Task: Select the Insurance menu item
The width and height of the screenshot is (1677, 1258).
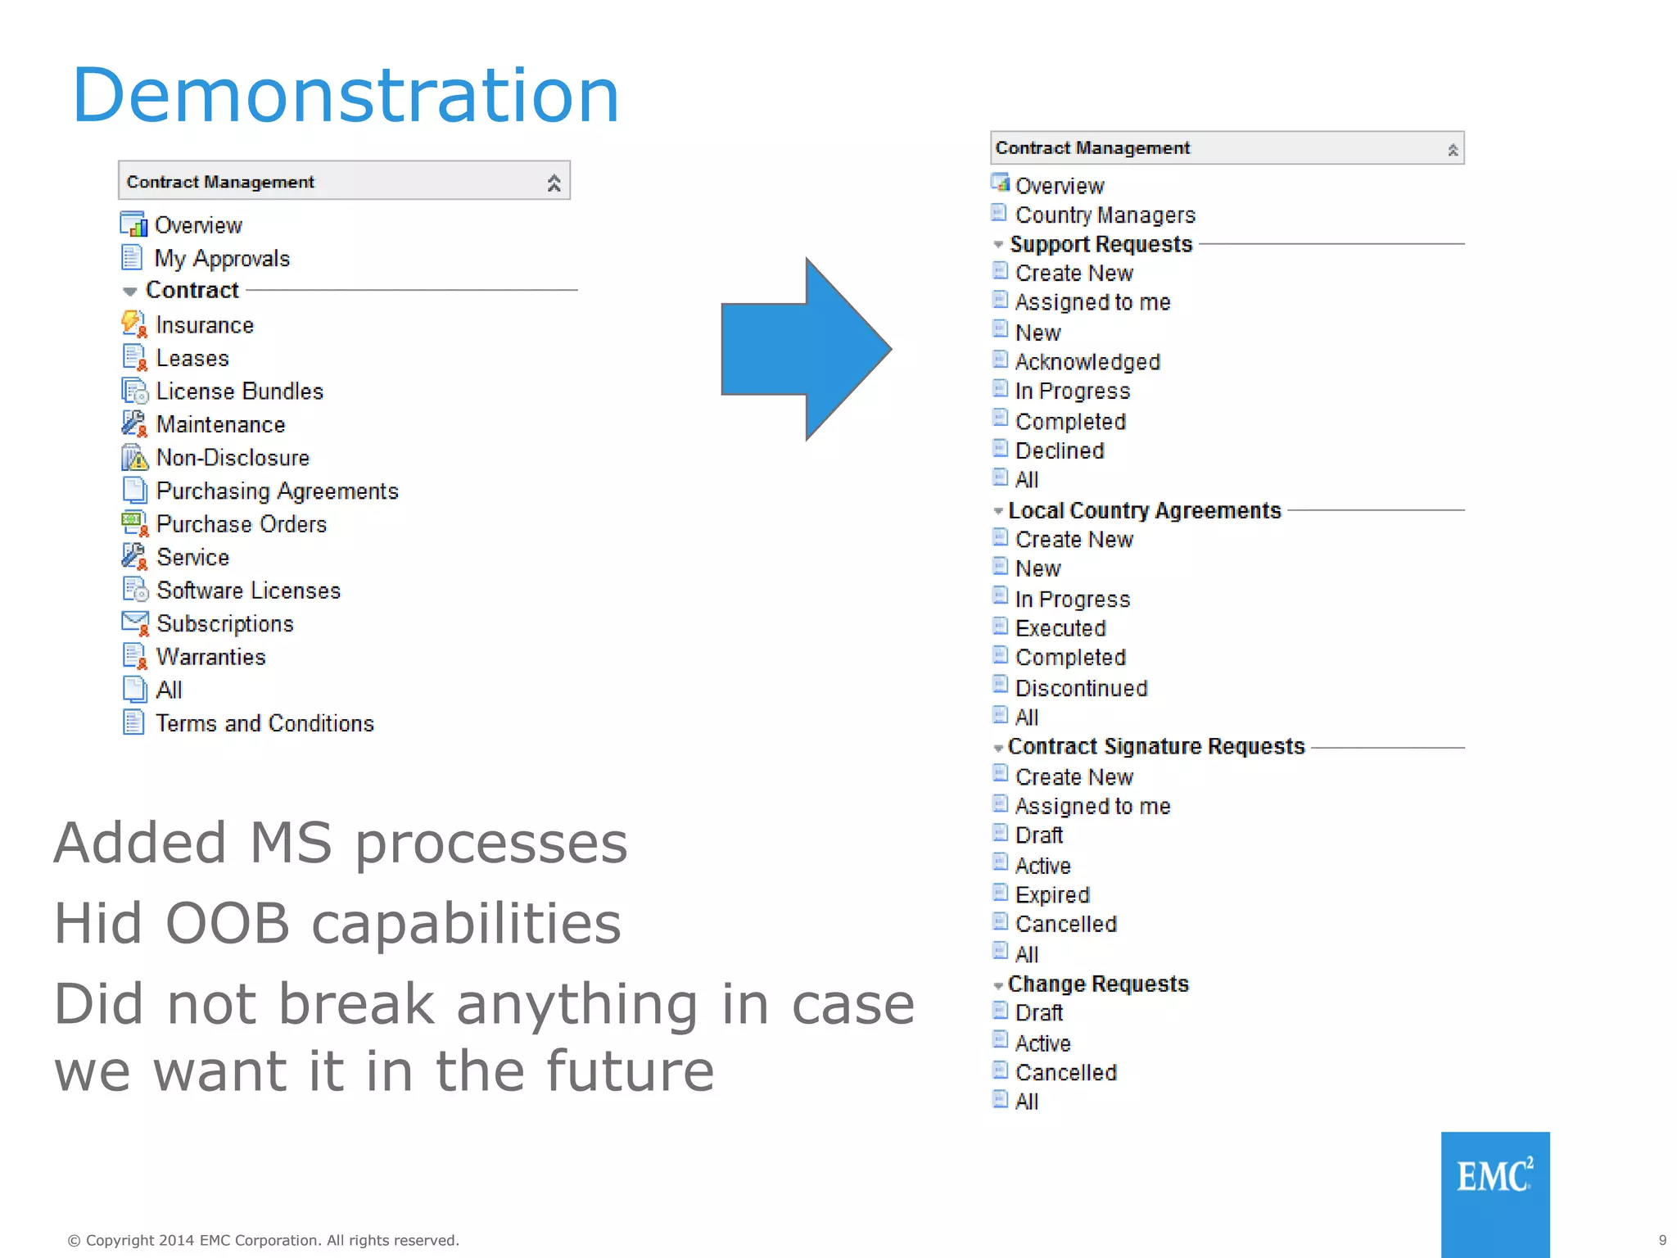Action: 204,325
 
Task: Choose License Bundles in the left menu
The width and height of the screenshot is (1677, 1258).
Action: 239,391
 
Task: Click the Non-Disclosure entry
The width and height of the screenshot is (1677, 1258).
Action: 233,458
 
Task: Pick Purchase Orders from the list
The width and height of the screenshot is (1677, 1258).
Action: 241,524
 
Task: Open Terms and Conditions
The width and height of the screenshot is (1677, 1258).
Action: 264,723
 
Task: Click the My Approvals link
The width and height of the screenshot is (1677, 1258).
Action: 222,259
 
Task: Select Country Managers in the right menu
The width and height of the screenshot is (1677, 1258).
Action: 1105,215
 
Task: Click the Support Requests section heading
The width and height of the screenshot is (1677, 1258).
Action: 1101,244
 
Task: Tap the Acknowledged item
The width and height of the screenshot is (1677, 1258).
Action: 1087,362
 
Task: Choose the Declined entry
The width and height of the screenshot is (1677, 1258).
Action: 1060,450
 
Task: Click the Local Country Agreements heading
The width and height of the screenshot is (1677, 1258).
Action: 1144,510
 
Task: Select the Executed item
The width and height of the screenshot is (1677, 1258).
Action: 1060,628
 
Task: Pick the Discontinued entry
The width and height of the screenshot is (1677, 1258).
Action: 1081,688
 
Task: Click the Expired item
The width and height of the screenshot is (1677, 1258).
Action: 1052,894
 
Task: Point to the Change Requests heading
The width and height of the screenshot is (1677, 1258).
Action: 1098,984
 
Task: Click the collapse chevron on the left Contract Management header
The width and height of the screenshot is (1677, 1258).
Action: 554,183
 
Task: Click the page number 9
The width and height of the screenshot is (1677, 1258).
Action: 1662,1240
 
